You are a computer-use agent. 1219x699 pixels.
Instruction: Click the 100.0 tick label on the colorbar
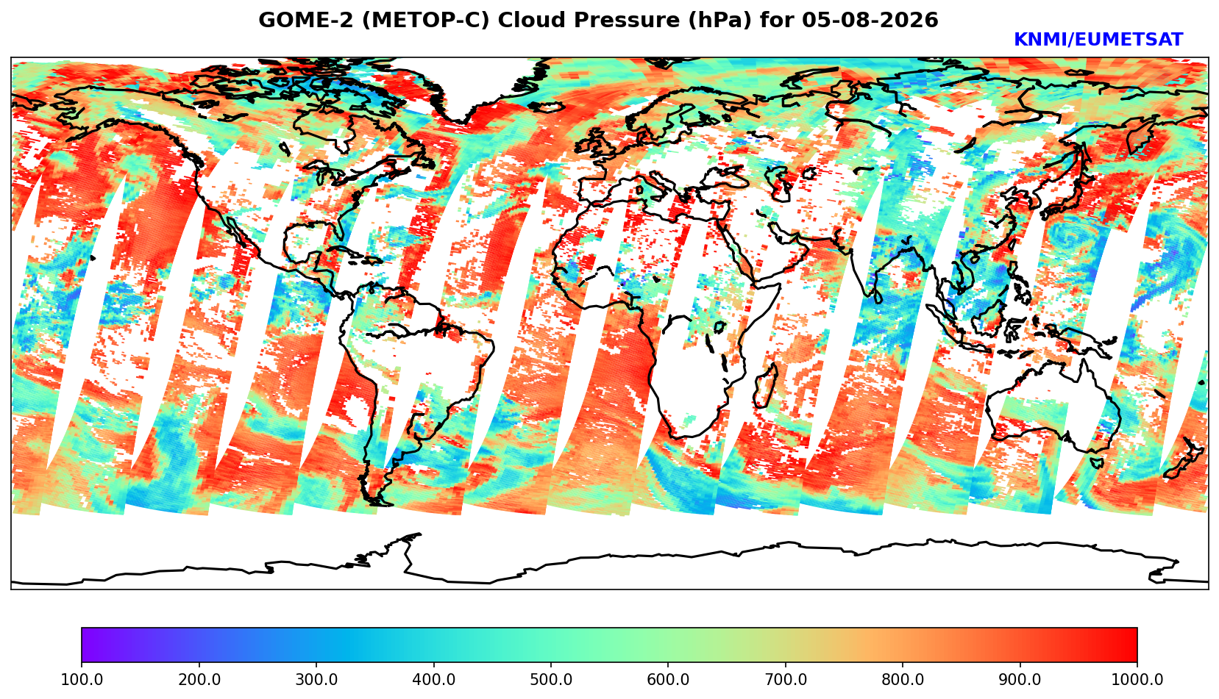pyautogui.click(x=82, y=679)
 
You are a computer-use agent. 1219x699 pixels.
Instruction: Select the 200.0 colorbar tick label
pyautogui.click(x=199, y=679)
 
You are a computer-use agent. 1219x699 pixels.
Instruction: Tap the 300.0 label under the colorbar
pyautogui.click(x=316, y=679)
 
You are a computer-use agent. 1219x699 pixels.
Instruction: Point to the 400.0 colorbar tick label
pyautogui.click(x=434, y=679)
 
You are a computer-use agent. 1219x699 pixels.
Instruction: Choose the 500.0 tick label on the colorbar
pyautogui.click(x=551, y=679)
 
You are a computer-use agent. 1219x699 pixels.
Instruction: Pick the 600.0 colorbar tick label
pyautogui.click(x=668, y=679)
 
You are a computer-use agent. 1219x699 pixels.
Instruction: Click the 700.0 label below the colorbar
pyautogui.click(x=785, y=679)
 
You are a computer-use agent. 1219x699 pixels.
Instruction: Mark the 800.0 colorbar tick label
pyautogui.click(x=903, y=679)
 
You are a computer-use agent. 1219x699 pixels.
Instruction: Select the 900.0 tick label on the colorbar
pyautogui.click(x=1020, y=679)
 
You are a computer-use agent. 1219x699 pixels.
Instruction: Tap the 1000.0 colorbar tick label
pyautogui.click(x=1137, y=679)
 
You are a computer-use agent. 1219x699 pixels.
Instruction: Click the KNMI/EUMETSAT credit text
pyautogui.click(x=1098, y=40)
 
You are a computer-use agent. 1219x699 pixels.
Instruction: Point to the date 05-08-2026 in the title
pyautogui.click(x=870, y=20)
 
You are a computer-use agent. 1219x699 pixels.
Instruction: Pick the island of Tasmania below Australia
pyautogui.click(x=1096, y=463)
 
